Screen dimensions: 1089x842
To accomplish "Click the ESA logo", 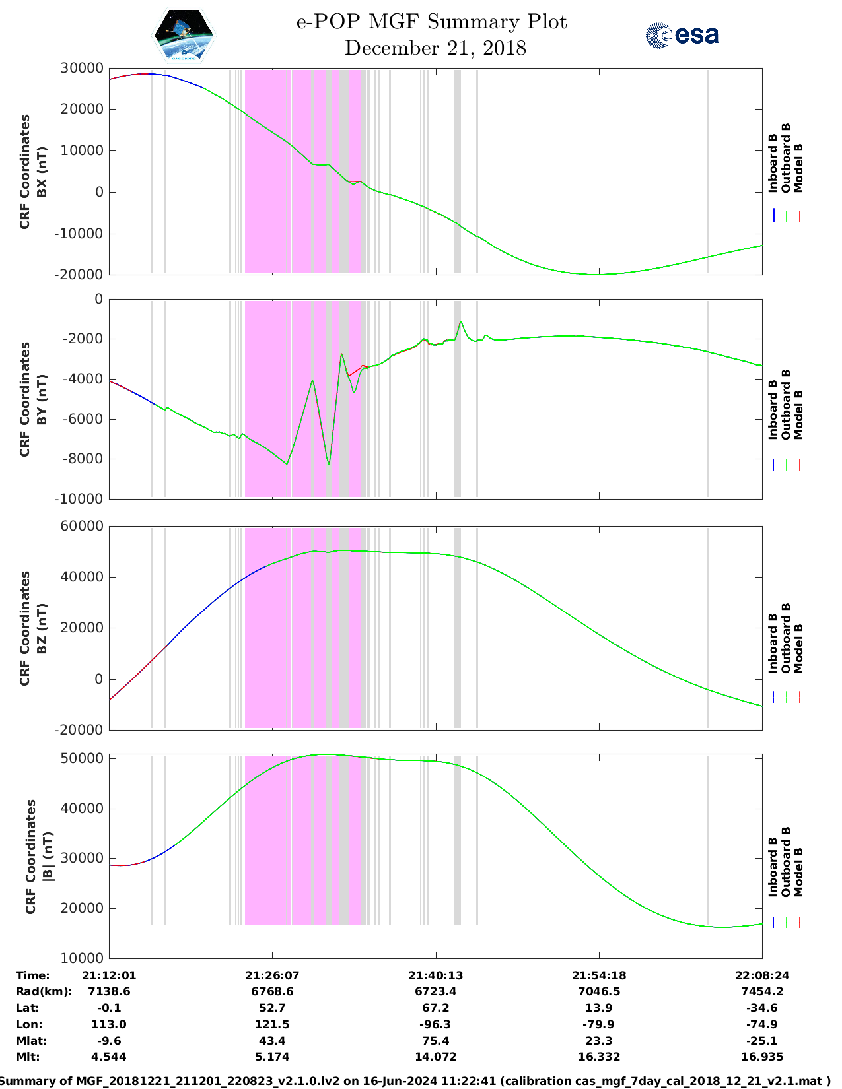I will (x=682, y=35).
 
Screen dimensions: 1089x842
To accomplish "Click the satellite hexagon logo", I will (x=184, y=34).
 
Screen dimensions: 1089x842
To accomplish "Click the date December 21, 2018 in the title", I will (x=435, y=48).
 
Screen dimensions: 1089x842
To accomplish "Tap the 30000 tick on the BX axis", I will (x=81, y=68).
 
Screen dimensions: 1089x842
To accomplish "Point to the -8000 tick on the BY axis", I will (x=83, y=459).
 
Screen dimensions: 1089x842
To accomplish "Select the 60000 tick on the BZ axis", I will (x=81, y=526).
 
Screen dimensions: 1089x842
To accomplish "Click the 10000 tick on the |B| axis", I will (x=83, y=958).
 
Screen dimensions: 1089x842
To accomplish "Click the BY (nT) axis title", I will (x=42, y=399).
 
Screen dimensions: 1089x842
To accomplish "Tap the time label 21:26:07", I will (x=272, y=975).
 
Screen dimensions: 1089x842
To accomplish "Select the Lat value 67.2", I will (x=435, y=1008).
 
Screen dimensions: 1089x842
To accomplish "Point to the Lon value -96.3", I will (x=435, y=1024).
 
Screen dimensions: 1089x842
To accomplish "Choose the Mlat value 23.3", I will (x=599, y=1041).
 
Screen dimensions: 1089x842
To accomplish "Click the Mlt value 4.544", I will (x=109, y=1057).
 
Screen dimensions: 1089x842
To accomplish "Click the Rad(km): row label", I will (x=44, y=991).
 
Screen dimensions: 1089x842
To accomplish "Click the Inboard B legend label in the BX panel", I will (x=773, y=163).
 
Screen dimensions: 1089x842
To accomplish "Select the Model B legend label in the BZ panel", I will (x=798, y=648).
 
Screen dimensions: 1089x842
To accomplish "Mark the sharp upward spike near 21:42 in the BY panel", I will (x=461, y=322).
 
